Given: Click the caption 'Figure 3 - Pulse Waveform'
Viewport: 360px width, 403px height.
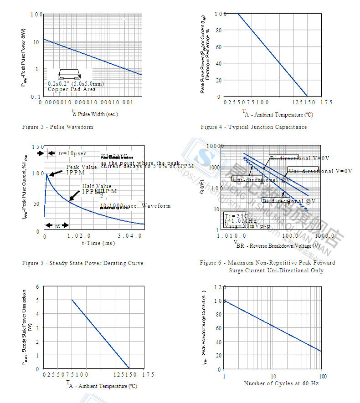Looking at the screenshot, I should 57,127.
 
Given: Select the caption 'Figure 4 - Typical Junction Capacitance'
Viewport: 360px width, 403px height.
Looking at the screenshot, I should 254,127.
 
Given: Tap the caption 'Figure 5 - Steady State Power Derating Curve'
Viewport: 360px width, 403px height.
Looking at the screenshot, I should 83,263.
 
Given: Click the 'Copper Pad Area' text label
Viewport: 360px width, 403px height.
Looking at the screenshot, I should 72,90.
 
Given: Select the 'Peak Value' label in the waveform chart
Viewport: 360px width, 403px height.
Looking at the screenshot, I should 82,167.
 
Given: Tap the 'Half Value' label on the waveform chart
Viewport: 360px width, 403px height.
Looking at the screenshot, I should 97,186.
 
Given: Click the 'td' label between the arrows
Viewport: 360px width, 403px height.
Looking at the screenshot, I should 57,225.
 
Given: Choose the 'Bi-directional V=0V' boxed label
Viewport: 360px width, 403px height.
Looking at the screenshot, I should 299,158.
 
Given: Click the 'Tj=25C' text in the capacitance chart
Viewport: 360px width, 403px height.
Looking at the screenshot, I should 236,215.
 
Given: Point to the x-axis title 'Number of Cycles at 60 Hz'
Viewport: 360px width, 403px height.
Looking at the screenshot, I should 281,383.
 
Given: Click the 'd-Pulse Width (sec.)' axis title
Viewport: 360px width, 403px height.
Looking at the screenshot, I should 95,114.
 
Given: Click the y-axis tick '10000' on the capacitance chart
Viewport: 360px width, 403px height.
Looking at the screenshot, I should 215,146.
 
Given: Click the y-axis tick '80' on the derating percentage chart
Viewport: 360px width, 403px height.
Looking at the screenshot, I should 219,31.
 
